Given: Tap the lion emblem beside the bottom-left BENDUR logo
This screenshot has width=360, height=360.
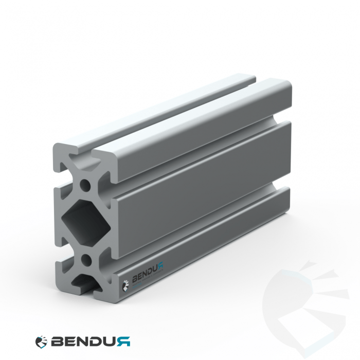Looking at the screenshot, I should point(41,341).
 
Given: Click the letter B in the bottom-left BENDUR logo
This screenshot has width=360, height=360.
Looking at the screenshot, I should point(58,341).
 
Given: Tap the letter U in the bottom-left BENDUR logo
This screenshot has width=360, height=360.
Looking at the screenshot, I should point(111,341).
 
